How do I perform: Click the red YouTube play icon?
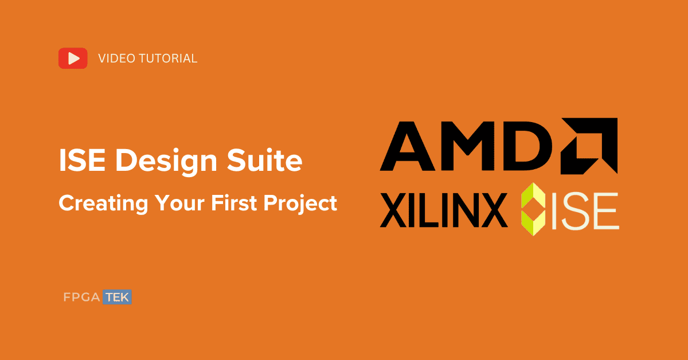pos(73,58)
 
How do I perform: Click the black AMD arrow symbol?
pos(589,146)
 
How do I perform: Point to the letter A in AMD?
pos(409,147)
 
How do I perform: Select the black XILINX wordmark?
pos(444,210)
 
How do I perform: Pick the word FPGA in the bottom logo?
pos(81,298)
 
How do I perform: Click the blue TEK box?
pos(118,298)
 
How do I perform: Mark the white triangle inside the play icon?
pos(73,58)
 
